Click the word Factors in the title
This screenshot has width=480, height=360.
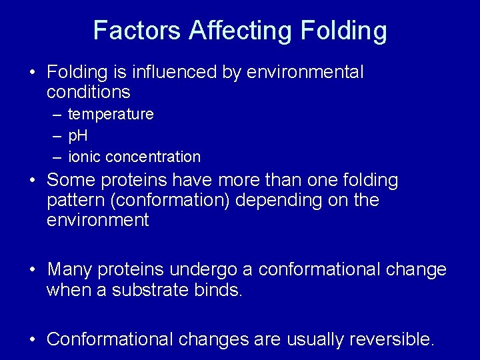(x=137, y=31)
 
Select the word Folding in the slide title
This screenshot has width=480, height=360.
(x=344, y=31)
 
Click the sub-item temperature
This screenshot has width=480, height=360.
(x=111, y=115)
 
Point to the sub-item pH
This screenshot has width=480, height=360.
(x=78, y=136)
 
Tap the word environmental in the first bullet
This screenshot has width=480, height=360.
(x=305, y=72)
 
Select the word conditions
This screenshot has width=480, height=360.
(x=89, y=92)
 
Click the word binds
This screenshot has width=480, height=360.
(x=216, y=291)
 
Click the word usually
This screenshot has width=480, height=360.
(x=311, y=339)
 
